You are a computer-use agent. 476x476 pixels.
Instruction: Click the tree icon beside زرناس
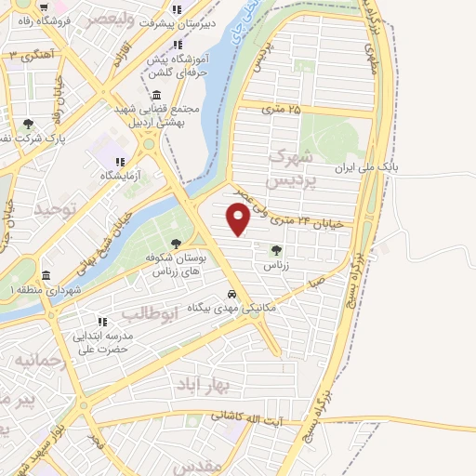click(275, 249)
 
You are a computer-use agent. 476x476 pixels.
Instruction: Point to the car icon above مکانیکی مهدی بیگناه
click(231, 295)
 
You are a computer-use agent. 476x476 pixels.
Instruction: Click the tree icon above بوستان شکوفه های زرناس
click(176, 244)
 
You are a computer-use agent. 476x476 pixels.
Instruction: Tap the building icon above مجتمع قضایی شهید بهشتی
click(154, 96)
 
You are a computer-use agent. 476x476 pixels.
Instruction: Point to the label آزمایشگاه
click(120, 175)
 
